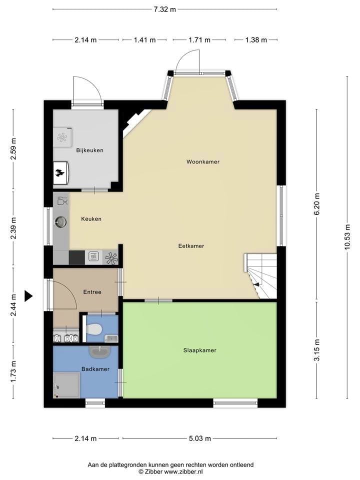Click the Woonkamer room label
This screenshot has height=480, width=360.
click(x=203, y=161)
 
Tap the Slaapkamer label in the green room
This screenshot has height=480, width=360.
click(x=199, y=350)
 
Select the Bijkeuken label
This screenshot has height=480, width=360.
click(x=89, y=150)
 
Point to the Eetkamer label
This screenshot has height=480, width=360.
click(x=191, y=246)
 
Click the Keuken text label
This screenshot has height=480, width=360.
click(x=91, y=219)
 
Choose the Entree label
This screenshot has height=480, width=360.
click(x=92, y=292)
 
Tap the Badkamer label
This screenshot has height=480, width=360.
click(x=95, y=369)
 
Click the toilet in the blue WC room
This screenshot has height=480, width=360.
click(x=94, y=329)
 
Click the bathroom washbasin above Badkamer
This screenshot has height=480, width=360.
click(x=99, y=352)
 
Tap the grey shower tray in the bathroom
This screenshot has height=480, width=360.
click(x=66, y=385)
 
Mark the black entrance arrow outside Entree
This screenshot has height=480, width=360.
click(x=28, y=295)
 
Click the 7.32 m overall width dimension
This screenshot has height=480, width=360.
click(x=164, y=9)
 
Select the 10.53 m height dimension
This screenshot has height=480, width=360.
click(x=347, y=237)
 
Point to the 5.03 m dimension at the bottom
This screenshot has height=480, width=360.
click(x=200, y=438)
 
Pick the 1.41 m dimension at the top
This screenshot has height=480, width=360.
click(x=144, y=40)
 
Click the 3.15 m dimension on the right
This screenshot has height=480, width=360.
click(x=317, y=350)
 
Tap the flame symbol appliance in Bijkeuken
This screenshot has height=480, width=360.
click(x=60, y=173)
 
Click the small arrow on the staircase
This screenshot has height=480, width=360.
click(x=256, y=284)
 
